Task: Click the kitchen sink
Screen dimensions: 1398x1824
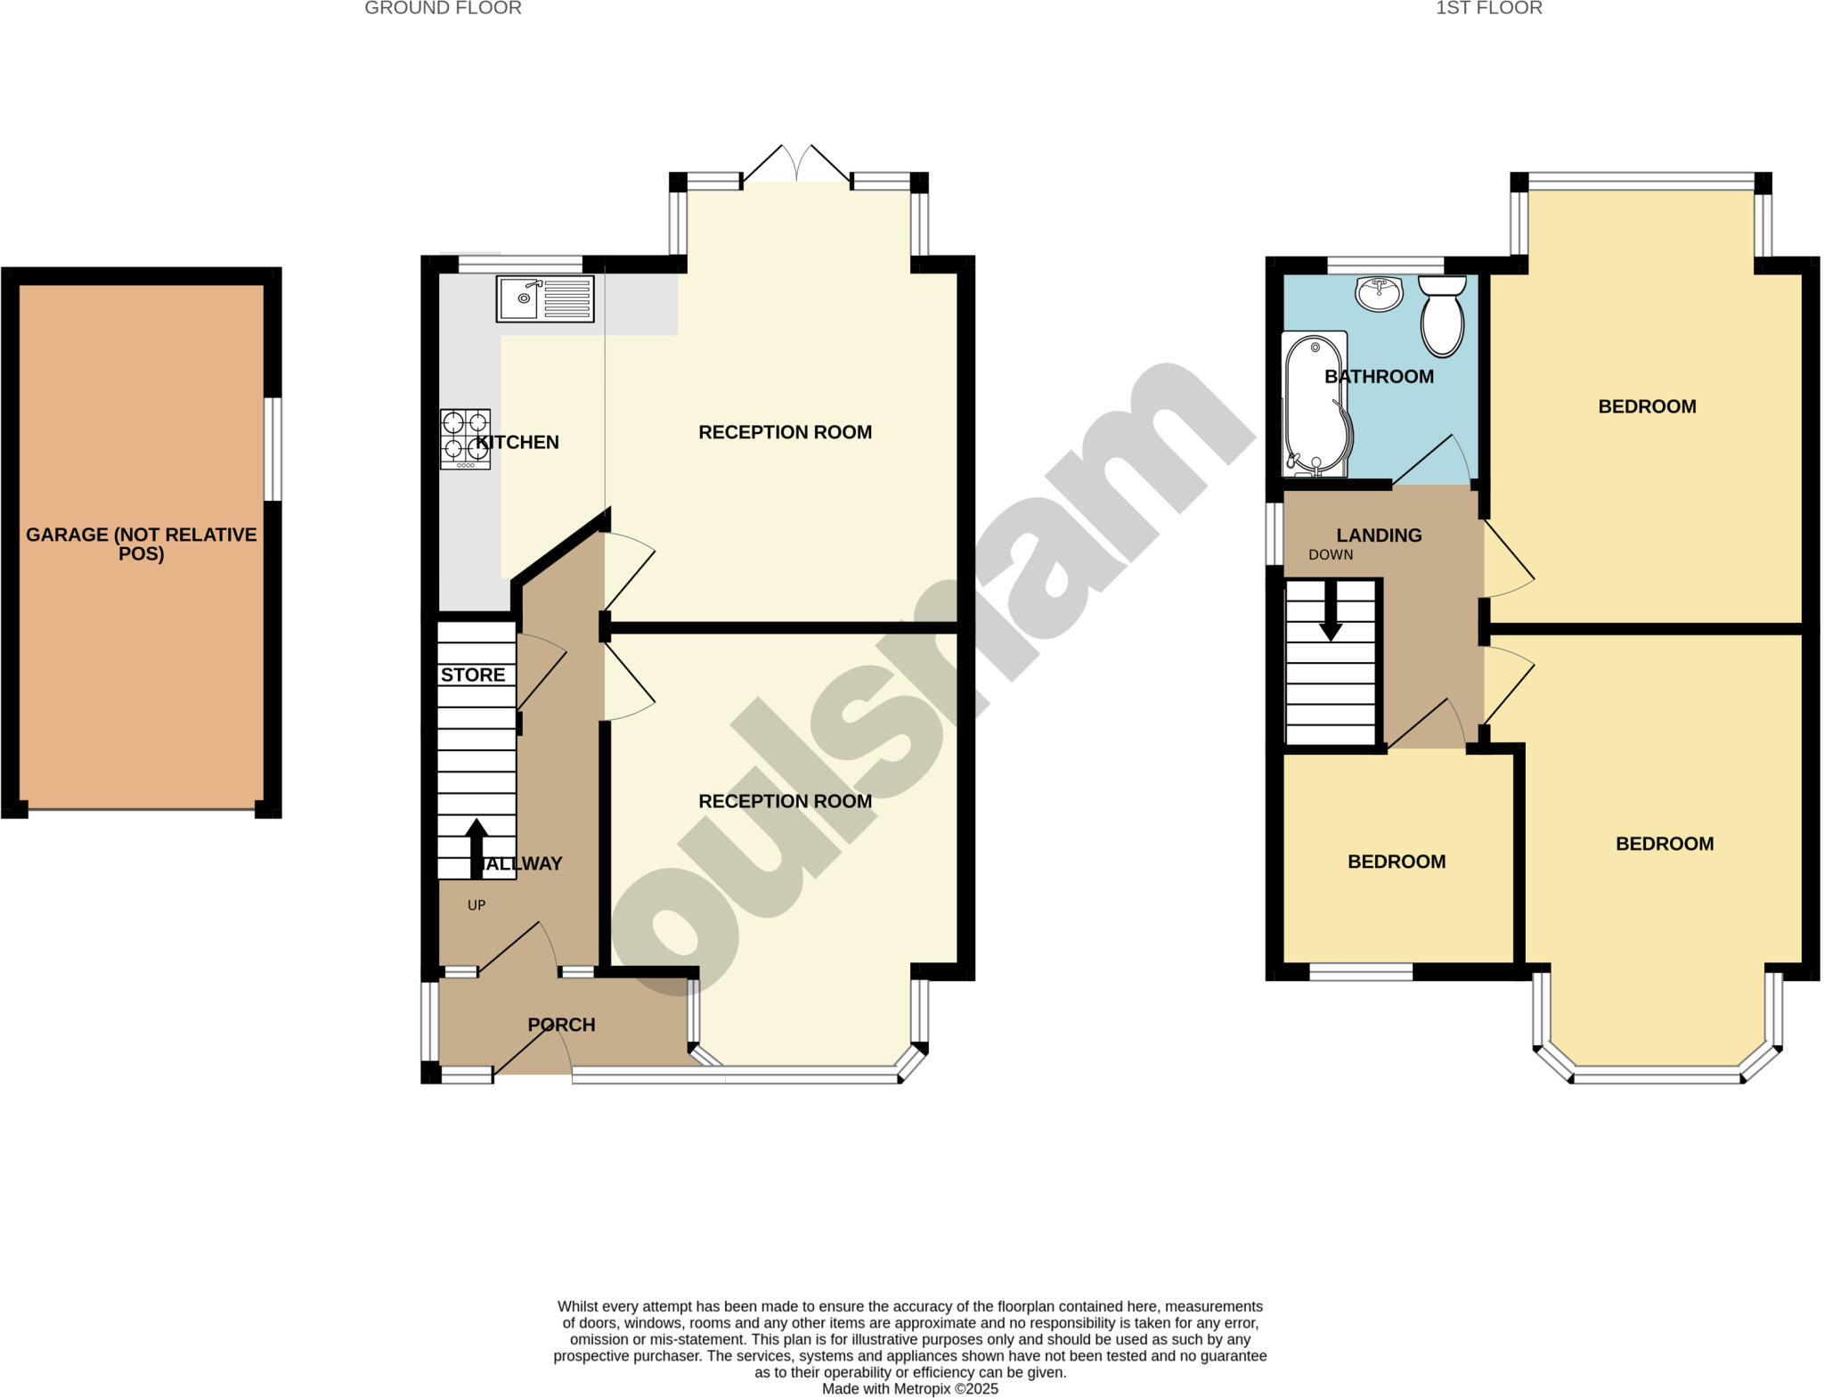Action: pyautogui.click(x=545, y=298)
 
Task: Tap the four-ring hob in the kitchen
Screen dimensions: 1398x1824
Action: pyautogui.click(x=465, y=438)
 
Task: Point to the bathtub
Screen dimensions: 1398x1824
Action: pyautogui.click(x=1315, y=404)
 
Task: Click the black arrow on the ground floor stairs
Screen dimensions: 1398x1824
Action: pyautogui.click(x=476, y=846)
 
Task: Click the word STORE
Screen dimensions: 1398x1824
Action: pyautogui.click(x=473, y=674)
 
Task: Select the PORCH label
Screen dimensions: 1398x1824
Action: pyautogui.click(x=561, y=1025)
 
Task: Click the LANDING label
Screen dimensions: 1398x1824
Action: pyautogui.click(x=1379, y=535)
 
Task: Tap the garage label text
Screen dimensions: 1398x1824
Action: pyautogui.click(x=141, y=544)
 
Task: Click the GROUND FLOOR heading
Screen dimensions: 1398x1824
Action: pyautogui.click(x=443, y=9)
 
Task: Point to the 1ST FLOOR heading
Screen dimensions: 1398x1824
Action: pyautogui.click(x=1489, y=9)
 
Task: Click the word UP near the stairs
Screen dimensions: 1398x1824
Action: pyautogui.click(x=476, y=905)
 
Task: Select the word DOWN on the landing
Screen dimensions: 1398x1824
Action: pyautogui.click(x=1331, y=554)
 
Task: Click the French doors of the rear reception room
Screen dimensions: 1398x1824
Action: pyautogui.click(x=796, y=169)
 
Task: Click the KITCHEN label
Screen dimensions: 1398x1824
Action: pyautogui.click(x=517, y=442)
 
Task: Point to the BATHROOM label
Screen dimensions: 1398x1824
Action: pyautogui.click(x=1379, y=376)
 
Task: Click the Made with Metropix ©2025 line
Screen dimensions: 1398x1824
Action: pyautogui.click(x=909, y=1388)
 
